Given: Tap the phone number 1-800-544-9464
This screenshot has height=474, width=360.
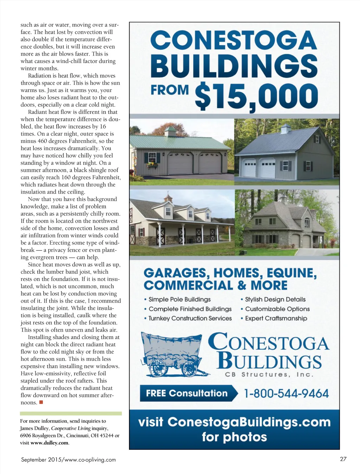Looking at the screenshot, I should coord(287,394).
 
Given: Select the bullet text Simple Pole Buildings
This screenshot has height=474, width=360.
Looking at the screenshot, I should coord(179,299).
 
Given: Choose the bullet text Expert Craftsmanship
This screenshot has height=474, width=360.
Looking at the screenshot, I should coord(276,318).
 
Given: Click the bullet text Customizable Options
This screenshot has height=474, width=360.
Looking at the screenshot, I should coord(277,309).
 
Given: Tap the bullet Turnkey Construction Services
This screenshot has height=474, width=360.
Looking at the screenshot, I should coord(190,318).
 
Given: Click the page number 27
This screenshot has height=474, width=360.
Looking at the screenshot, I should coord(343,459).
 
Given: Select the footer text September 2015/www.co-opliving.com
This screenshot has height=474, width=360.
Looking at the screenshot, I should coord(68,460).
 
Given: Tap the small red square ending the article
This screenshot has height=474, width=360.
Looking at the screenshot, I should coord(41,402).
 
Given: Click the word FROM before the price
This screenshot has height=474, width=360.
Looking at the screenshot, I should coord(169,90).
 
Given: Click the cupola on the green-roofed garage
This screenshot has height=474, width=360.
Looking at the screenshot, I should coord(170,131).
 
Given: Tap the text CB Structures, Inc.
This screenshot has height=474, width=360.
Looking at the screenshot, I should coord(269,375).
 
